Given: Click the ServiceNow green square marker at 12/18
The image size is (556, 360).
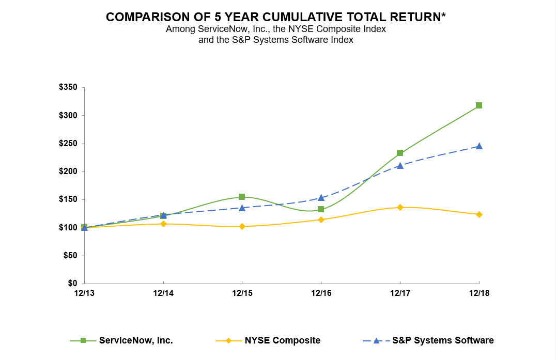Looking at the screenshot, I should point(479,105).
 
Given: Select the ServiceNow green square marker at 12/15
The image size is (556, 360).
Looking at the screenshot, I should point(242,197).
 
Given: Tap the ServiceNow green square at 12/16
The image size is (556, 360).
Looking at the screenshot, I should point(321,209).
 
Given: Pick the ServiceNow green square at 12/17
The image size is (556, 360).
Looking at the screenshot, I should point(400,153).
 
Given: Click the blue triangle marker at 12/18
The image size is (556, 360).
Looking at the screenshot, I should point(479,146).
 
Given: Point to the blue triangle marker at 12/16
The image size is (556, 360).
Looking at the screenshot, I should point(321,197).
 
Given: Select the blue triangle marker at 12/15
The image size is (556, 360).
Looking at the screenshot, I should point(242,208).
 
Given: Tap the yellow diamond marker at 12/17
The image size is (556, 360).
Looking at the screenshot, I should point(400,207).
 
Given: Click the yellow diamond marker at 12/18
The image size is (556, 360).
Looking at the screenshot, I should point(479,214).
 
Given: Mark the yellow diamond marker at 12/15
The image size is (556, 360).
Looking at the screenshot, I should point(242,226).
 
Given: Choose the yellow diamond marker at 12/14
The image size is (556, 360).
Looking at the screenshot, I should point(163,224).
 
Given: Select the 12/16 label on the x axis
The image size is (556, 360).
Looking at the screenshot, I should point(321,293).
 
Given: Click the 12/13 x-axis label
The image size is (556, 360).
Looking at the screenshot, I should point(84,293).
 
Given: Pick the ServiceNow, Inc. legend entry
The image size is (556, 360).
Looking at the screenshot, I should point(136,340).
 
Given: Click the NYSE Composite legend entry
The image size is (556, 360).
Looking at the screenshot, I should point(282,340).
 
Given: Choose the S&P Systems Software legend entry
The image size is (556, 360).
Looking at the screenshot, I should point(443,340).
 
